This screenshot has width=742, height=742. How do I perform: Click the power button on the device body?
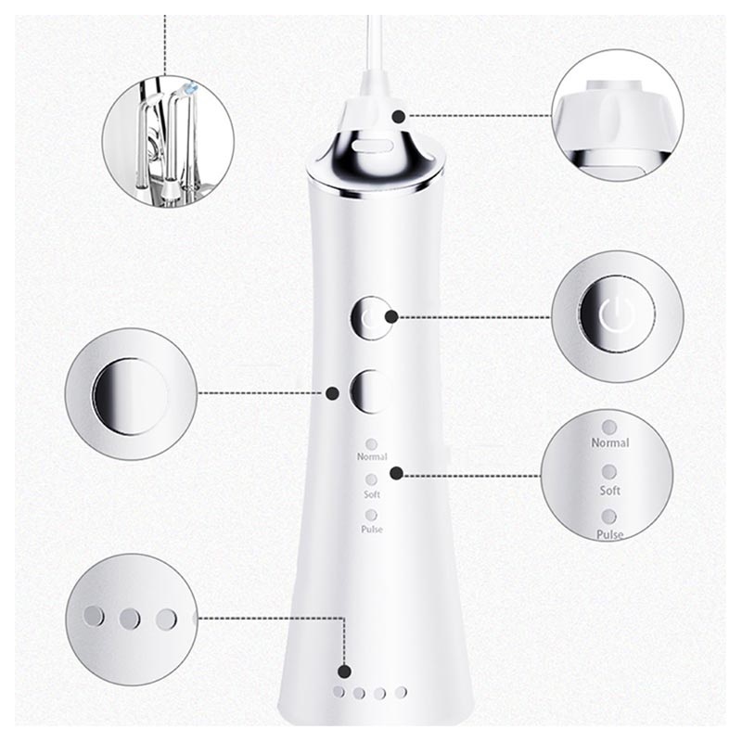[x=371, y=318]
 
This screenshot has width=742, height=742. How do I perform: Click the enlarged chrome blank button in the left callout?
[x=131, y=396]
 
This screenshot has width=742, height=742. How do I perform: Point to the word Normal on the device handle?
[x=372, y=456]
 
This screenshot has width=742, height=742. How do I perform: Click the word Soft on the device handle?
[x=372, y=494]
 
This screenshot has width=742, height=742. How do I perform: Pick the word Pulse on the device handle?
[x=372, y=529]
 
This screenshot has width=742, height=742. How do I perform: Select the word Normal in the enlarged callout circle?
[x=610, y=443]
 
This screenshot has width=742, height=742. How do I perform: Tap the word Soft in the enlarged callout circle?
[x=610, y=491]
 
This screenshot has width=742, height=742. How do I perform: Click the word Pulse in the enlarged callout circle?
[x=609, y=535]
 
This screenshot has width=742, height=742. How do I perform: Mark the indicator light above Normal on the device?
[x=372, y=444]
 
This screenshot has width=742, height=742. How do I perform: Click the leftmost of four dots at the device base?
[x=339, y=692]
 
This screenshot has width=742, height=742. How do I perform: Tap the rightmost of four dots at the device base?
[x=402, y=692]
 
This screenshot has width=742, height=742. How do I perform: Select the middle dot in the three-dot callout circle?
[x=130, y=619]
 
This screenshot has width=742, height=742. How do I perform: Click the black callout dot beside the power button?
[x=391, y=317]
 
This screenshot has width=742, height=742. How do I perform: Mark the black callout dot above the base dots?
[x=345, y=672]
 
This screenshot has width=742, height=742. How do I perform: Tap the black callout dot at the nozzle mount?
[x=399, y=116]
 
